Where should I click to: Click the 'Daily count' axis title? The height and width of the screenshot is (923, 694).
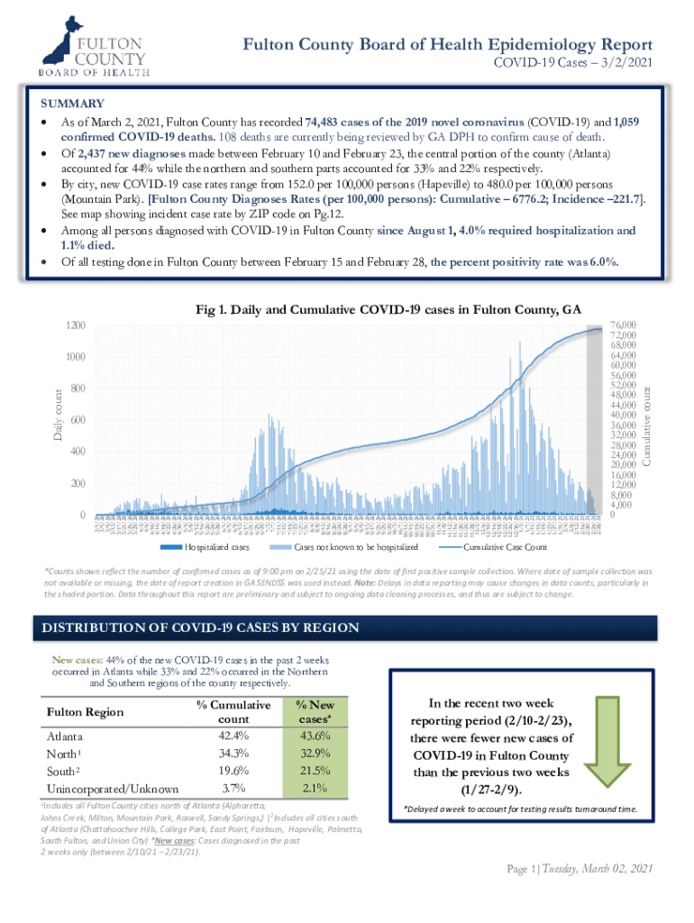point(56,414)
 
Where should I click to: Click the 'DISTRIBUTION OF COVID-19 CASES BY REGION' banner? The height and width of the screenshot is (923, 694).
point(196,627)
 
